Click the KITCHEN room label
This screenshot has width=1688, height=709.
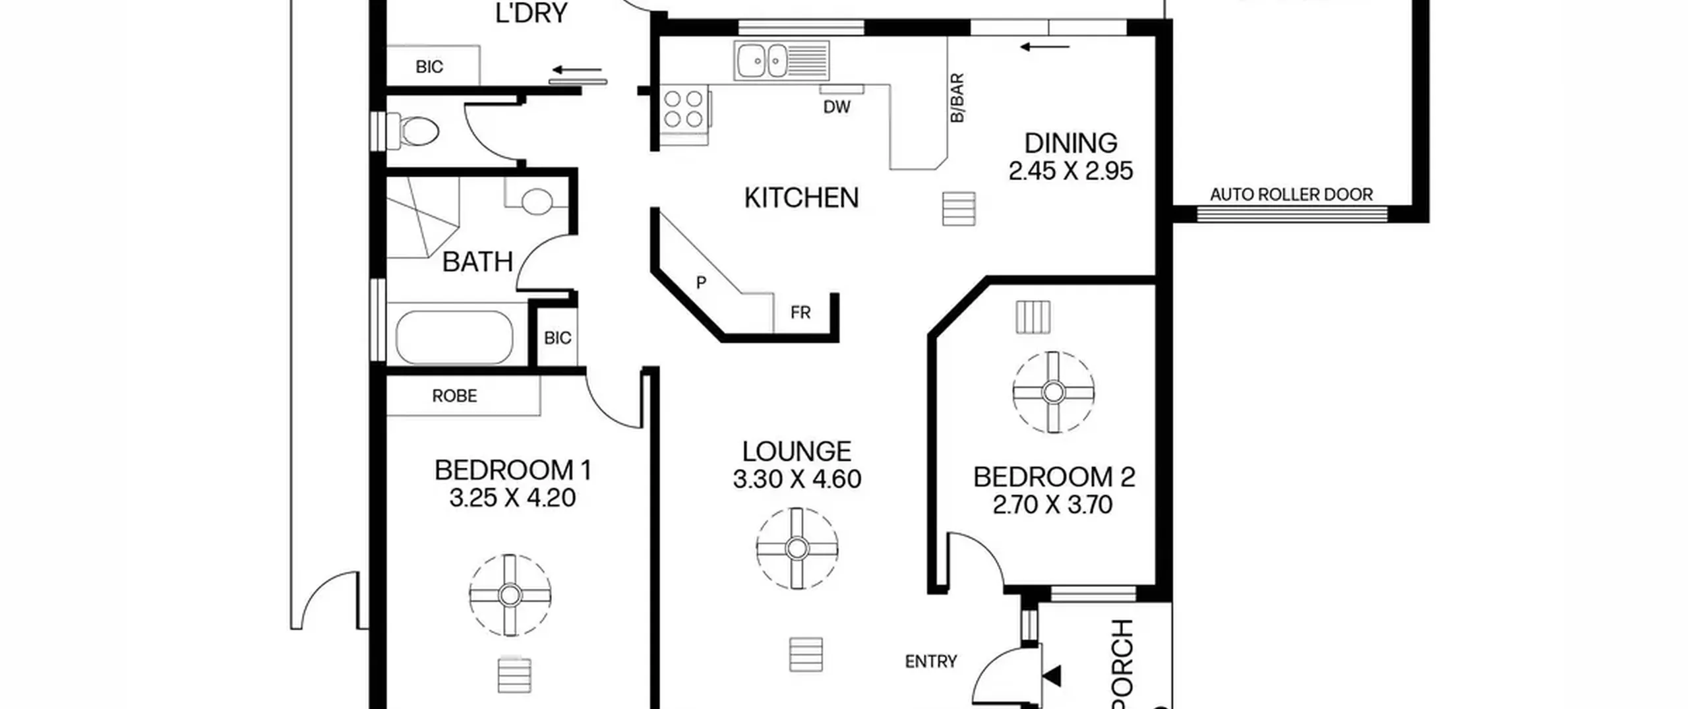tap(801, 198)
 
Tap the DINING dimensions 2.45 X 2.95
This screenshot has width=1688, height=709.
tap(1071, 171)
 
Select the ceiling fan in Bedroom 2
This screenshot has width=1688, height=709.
tap(1053, 392)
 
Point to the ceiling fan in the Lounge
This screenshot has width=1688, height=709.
tap(797, 548)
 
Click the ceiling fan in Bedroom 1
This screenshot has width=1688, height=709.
tap(510, 595)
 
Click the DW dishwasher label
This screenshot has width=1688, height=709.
tap(837, 107)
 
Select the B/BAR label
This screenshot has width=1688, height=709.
tap(957, 98)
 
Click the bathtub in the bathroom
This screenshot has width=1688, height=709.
tap(454, 337)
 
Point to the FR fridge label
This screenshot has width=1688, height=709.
tap(800, 313)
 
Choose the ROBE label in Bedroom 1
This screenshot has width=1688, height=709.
tap(454, 396)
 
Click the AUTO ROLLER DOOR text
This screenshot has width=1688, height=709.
tap(1291, 195)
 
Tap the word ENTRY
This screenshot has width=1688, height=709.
tap(931, 661)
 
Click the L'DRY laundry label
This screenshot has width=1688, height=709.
tap(531, 13)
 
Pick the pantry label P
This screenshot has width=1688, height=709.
tap(701, 282)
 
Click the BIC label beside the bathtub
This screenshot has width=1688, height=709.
tap(557, 338)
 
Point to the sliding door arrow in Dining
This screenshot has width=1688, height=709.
tap(1044, 47)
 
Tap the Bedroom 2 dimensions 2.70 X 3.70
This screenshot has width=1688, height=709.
tap(1053, 505)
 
